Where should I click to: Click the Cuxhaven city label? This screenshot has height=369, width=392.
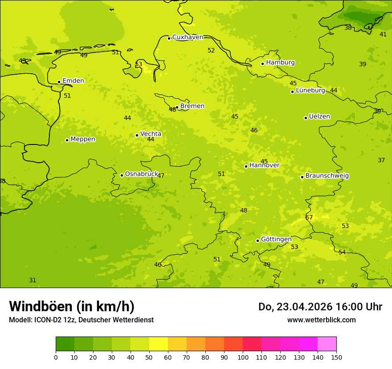click(x=188, y=37)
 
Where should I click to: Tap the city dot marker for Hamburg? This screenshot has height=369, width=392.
click(x=262, y=64)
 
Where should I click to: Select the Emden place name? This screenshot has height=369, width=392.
click(x=73, y=81)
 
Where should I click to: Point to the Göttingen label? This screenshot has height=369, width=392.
click(x=276, y=239)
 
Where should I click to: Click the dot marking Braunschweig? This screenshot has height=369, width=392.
click(x=302, y=177)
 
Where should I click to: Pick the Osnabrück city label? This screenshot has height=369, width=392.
click(x=142, y=174)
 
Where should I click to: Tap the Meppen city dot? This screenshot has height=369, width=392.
click(x=67, y=140)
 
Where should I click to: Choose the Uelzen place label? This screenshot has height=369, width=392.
click(x=319, y=116)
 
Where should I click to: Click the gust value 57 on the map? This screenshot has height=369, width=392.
click(x=309, y=217)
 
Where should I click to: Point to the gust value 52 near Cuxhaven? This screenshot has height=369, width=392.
click(x=211, y=50)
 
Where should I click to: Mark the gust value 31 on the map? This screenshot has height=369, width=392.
click(x=33, y=280)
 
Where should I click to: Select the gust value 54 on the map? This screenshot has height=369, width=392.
click(x=342, y=252)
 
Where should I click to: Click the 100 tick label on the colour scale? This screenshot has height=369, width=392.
click(x=243, y=357)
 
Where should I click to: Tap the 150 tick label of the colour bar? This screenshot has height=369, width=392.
click(x=336, y=357)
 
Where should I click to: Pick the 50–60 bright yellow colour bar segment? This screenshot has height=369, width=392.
click(x=159, y=344)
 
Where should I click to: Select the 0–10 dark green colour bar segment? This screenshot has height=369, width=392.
click(x=65, y=344)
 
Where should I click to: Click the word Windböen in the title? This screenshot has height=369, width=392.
click(x=40, y=306)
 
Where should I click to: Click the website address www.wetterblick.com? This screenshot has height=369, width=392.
click(x=321, y=320)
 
